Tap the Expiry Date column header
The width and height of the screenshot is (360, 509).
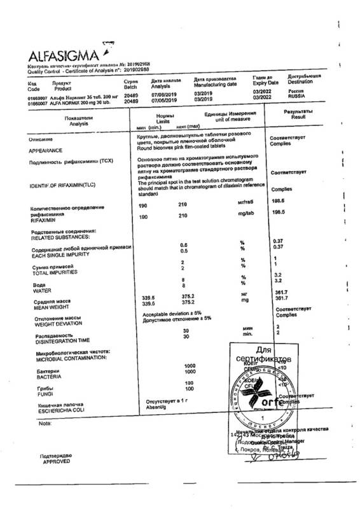[265, 82]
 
